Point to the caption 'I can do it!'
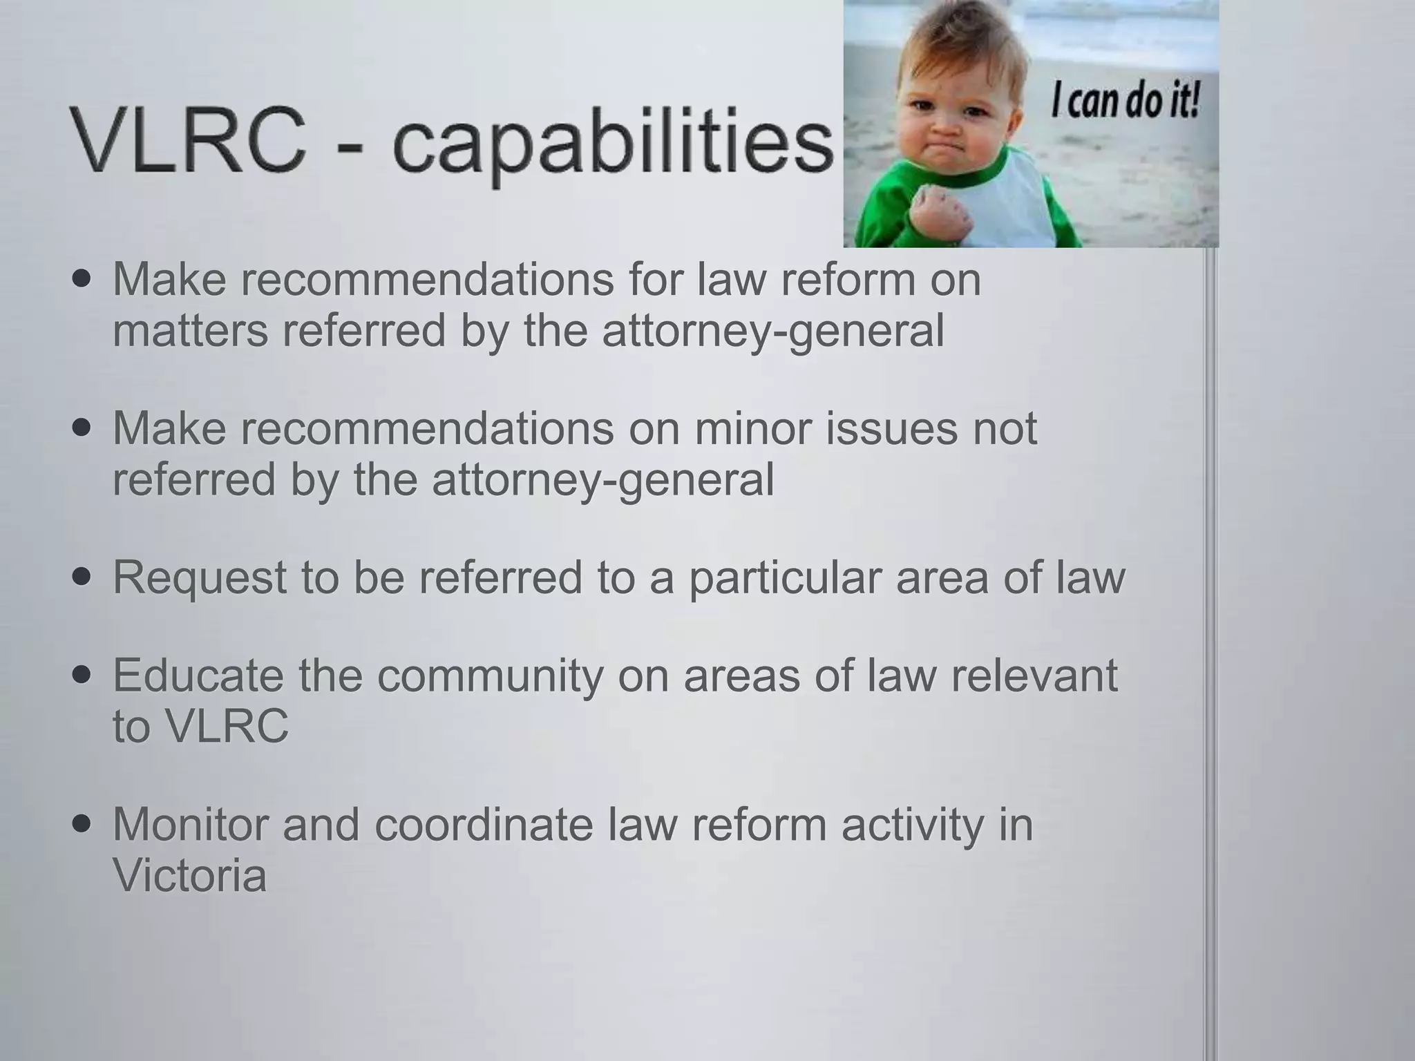point(1125,103)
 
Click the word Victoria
point(189,875)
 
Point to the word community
point(491,675)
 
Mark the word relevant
point(1034,675)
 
